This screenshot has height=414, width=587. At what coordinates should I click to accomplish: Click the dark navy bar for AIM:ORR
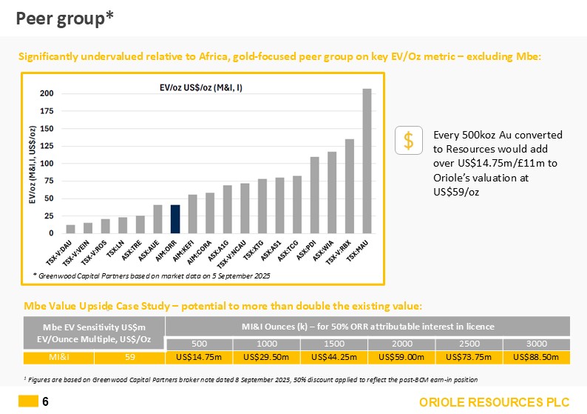click(x=175, y=219)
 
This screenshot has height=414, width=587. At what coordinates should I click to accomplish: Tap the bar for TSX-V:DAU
click(x=71, y=229)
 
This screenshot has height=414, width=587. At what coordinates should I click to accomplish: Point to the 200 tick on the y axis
click(x=47, y=93)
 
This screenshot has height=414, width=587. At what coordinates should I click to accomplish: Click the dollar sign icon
click(x=408, y=141)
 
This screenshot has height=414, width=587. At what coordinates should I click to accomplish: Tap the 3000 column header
click(x=537, y=344)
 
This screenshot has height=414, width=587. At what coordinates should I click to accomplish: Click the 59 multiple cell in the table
click(x=129, y=358)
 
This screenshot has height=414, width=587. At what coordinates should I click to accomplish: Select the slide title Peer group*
click(x=65, y=19)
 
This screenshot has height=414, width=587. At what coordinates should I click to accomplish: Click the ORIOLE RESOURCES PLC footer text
click(x=495, y=402)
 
